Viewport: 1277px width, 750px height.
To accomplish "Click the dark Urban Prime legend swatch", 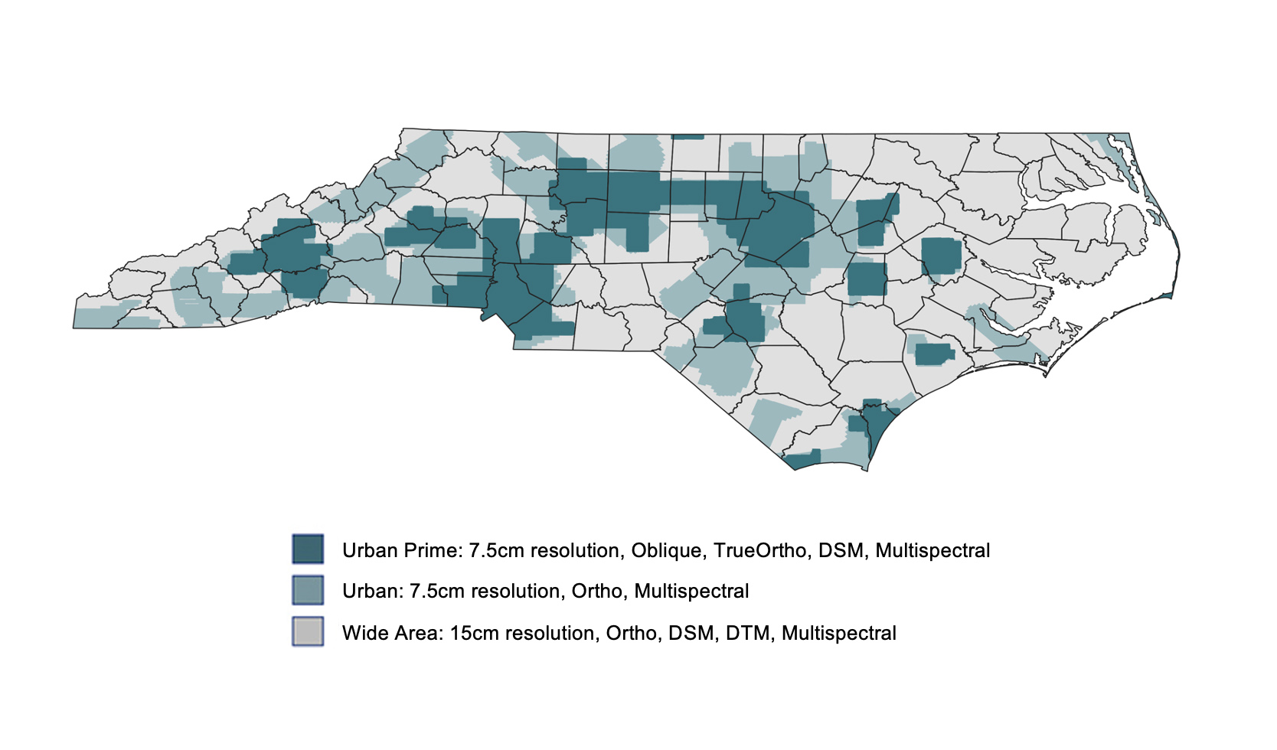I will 308,549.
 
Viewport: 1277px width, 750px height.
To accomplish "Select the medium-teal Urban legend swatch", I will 308,590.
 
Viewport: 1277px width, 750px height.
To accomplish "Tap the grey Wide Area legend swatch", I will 308,631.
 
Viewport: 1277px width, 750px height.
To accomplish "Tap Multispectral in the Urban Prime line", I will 932,551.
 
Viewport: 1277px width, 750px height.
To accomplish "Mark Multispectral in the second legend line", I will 691,592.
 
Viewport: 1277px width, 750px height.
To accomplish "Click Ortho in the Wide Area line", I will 631,634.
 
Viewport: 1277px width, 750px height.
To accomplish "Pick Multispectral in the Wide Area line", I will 838,634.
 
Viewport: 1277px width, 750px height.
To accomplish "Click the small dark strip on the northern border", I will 687,137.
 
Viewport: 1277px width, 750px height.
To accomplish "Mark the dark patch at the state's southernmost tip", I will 802,461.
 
